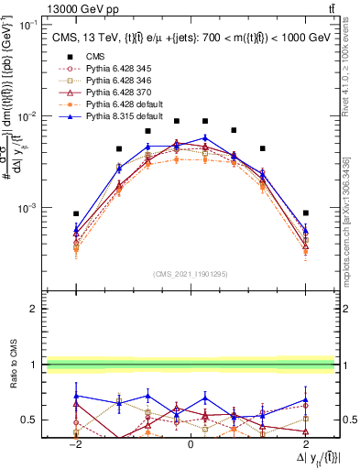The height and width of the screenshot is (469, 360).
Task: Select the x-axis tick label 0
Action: [x=191, y=442]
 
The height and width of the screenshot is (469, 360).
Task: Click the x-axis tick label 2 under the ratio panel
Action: [x=306, y=442]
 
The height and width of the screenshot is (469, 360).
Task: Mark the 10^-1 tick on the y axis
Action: [x=28, y=25]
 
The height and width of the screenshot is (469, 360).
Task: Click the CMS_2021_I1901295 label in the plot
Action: [x=191, y=274]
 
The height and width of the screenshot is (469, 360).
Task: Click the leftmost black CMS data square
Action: [x=76, y=213]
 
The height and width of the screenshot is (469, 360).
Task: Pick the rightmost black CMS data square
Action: [x=306, y=213]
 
